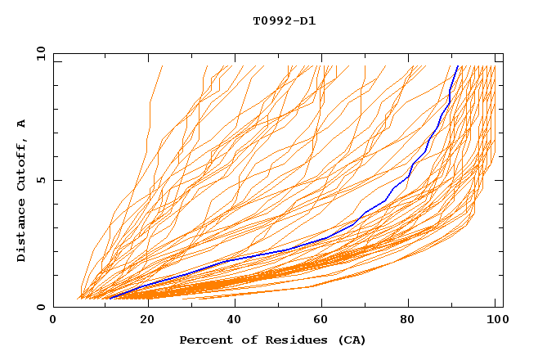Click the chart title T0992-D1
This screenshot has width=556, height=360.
284,20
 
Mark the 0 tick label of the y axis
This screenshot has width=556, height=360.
41,308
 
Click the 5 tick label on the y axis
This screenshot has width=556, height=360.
41,180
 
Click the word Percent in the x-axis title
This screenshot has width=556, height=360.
204,340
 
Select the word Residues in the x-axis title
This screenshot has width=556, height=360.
292,340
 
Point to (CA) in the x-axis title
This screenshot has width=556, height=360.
352,340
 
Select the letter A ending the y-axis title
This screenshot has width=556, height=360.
22,124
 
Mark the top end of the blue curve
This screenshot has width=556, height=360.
459,67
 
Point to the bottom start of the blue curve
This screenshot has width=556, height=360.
110,298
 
